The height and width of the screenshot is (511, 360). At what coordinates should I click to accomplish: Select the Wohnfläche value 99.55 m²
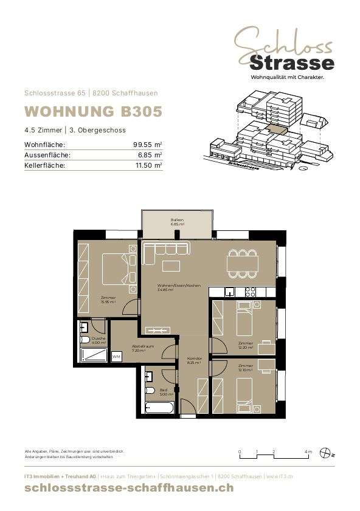tap(147, 145)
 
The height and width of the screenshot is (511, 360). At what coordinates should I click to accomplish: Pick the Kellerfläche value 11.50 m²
tap(147, 165)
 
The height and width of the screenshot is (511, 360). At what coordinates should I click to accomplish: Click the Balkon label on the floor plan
tap(177, 222)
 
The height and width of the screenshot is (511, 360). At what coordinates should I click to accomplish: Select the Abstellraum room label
tap(143, 348)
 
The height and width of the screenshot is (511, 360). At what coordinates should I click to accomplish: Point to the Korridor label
tap(193, 360)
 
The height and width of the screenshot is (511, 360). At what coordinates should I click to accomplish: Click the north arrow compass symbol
tap(327, 452)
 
